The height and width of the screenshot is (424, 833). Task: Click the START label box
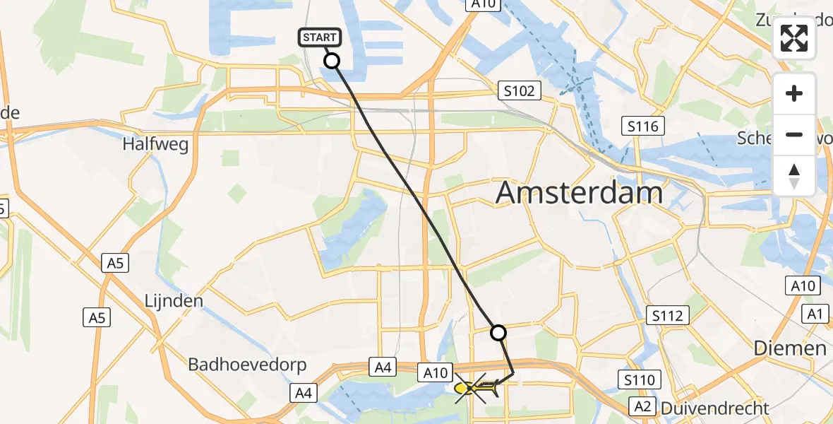[321, 37]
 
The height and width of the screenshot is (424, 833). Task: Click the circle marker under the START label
[331, 61]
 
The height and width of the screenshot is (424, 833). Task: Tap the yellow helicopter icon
[472, 388]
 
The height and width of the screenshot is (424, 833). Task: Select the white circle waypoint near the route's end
[498, 332]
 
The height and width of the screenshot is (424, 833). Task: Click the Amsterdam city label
[579, 192]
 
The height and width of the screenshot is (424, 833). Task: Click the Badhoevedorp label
[247, 365]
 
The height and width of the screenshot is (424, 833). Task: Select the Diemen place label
[789, 348]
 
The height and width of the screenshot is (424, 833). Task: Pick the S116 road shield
[643, 126]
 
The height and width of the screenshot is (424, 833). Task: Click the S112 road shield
[667, 315]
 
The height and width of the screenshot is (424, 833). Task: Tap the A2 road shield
[642, 406]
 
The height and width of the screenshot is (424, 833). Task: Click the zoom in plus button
[794, 94]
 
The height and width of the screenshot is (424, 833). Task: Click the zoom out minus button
[794, 134]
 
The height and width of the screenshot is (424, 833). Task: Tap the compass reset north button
[794, 175]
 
